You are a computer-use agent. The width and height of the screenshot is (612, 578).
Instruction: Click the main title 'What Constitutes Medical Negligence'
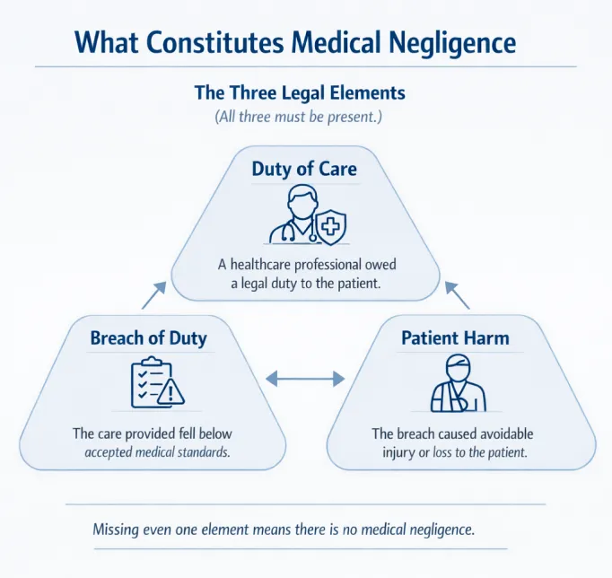[295, 42]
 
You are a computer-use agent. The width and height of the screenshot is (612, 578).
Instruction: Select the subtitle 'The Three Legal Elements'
[300, 92]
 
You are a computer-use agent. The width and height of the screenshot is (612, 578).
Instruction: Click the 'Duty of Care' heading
[304, 169]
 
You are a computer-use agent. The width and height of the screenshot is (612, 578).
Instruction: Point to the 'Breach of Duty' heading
[148, 338]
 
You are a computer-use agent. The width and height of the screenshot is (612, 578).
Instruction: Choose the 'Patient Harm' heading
[455, 338]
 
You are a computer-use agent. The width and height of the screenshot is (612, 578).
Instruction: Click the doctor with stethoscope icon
[293, 217]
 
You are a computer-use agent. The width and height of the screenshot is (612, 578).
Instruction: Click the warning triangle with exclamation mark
[170, 391]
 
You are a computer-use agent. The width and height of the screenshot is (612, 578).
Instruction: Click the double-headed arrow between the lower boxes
[306, 379]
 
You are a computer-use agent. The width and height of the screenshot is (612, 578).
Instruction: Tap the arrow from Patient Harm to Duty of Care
[458, 295]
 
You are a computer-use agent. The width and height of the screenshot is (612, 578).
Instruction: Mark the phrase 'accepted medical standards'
[157, 452]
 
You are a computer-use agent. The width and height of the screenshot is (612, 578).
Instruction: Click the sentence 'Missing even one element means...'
[284, 530]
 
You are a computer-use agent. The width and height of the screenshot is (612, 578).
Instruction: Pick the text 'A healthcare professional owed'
[306, 265]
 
